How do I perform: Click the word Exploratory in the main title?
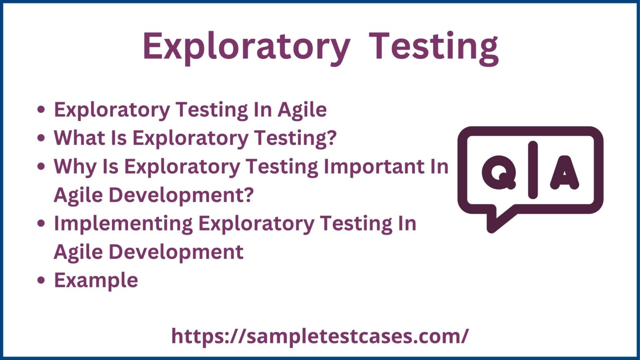coord(246,47)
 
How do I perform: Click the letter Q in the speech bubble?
coord(499,172)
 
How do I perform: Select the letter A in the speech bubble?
coord(565,172)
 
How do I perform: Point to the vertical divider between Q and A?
coord(532,170)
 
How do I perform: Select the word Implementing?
coord(123,223)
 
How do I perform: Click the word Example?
coord(96,280)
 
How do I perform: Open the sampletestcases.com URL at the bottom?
coord(320,336)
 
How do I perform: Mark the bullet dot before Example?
coord(41,280)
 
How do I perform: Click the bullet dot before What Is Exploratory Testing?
coord(41,138)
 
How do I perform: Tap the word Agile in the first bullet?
coord(302,110)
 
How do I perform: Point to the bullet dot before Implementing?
coord(41,224)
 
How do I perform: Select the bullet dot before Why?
coord(41,167)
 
